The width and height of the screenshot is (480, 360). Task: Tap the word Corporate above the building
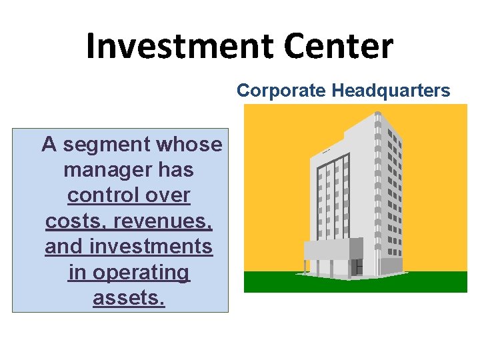click(x=276, y=91)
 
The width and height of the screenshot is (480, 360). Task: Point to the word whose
click(x=189, y=145)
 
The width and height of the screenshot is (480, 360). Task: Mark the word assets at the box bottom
click(x=129, y=298)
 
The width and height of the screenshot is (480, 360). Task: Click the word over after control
click(x=169, y=196)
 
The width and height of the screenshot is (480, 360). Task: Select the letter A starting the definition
click(x=49, y=145)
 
